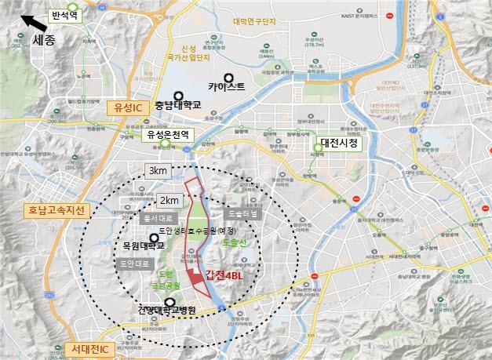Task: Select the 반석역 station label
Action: pos(65,15)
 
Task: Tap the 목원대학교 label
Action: pos(142,245)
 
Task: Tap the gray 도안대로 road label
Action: pos(129,264)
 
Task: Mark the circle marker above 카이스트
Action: pos(229,78)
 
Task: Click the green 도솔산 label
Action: pos(235,244)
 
